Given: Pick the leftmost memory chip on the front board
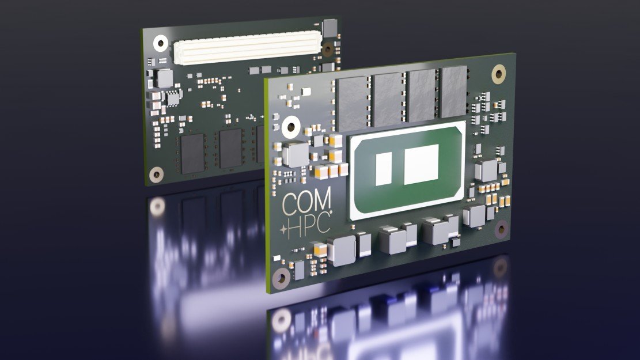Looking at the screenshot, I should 352,101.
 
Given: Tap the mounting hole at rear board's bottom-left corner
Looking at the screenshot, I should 155,173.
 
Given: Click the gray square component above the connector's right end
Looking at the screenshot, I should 330,26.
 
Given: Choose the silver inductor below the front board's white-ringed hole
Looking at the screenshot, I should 296,154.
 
